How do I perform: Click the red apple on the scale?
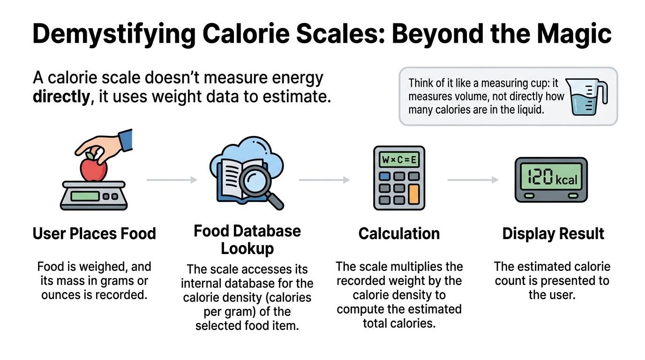(94, 169)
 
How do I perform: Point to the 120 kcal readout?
(551, 179)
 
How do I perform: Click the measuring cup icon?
(588, 96)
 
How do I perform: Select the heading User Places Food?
(94, 233)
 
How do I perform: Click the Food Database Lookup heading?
(247, 240)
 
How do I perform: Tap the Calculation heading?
(399, 233)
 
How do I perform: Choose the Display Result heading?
(553, 233)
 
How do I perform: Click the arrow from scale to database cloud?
(172, 180)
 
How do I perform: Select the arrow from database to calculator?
(324, 180)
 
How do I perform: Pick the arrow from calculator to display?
(472, 180)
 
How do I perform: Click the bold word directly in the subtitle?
(61, 97)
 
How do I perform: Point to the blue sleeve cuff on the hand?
(125, 141)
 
